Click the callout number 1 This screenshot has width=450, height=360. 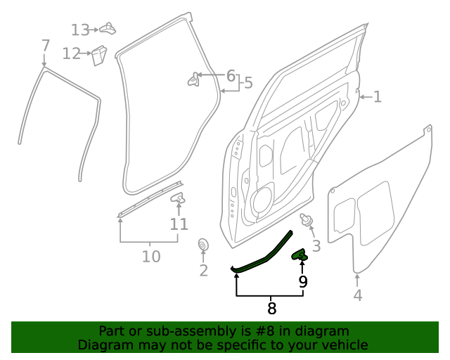(x=378, y=96)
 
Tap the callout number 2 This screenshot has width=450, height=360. (x=203, y=271)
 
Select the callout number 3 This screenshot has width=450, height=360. (x=316, y=245)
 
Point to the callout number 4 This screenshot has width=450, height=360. (x=358, y=295)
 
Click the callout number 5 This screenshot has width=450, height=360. (x=247, y=84)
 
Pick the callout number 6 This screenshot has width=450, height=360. (x=231, y=76)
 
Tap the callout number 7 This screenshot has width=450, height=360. (x=46, y=46)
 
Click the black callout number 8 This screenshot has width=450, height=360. (x=271, y=308)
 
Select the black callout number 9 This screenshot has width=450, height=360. (x=303, y=282)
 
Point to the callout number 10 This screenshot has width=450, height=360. (x=151, y=257)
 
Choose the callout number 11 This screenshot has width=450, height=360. (x=179, y=224)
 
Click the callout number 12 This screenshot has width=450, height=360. (x=72, y=53)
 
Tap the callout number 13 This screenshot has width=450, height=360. (x=80, y=30)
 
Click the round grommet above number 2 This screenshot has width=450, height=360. (x=203, y=245)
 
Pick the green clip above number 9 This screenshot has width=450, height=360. (x=300, y=254)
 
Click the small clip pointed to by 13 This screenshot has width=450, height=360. (x=107, y=28)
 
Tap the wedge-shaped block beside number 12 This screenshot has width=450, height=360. (x=98, y=55)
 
